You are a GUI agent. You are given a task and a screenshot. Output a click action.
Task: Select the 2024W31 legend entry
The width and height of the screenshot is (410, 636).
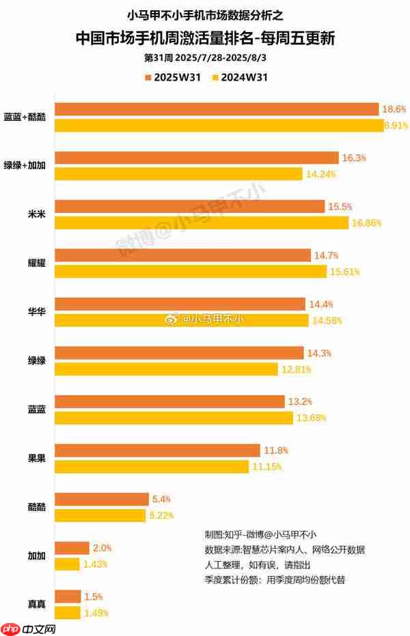point(239,77)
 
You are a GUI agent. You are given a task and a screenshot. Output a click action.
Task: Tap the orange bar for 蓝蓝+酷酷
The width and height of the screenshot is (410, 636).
point(217,109)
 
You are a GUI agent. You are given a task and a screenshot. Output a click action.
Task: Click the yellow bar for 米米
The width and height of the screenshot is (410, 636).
point(202,222)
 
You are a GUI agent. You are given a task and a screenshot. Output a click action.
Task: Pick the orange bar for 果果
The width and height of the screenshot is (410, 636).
point(157,450)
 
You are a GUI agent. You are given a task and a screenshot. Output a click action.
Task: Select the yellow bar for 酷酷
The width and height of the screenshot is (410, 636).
point(100,515)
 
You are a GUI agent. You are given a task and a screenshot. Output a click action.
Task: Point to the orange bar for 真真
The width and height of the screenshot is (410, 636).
point(68,596)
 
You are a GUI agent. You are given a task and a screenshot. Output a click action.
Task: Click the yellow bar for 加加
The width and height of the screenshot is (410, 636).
point(68,564)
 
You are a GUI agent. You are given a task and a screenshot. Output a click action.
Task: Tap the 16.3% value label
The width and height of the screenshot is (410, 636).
point(354,158)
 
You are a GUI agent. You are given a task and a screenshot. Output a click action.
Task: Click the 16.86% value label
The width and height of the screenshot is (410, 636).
point(368,223)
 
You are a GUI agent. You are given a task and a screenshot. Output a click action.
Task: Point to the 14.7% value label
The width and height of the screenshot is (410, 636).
point(326,255)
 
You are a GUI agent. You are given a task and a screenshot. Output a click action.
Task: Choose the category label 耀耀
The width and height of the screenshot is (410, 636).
point(36,263)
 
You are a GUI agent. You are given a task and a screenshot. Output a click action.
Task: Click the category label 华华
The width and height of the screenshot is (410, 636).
point(36,312)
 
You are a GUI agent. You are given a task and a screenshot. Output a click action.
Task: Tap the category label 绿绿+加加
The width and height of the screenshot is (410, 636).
point(27,166)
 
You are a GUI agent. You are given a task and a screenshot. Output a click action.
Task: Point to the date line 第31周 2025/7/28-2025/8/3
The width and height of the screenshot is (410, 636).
point(205,59)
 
